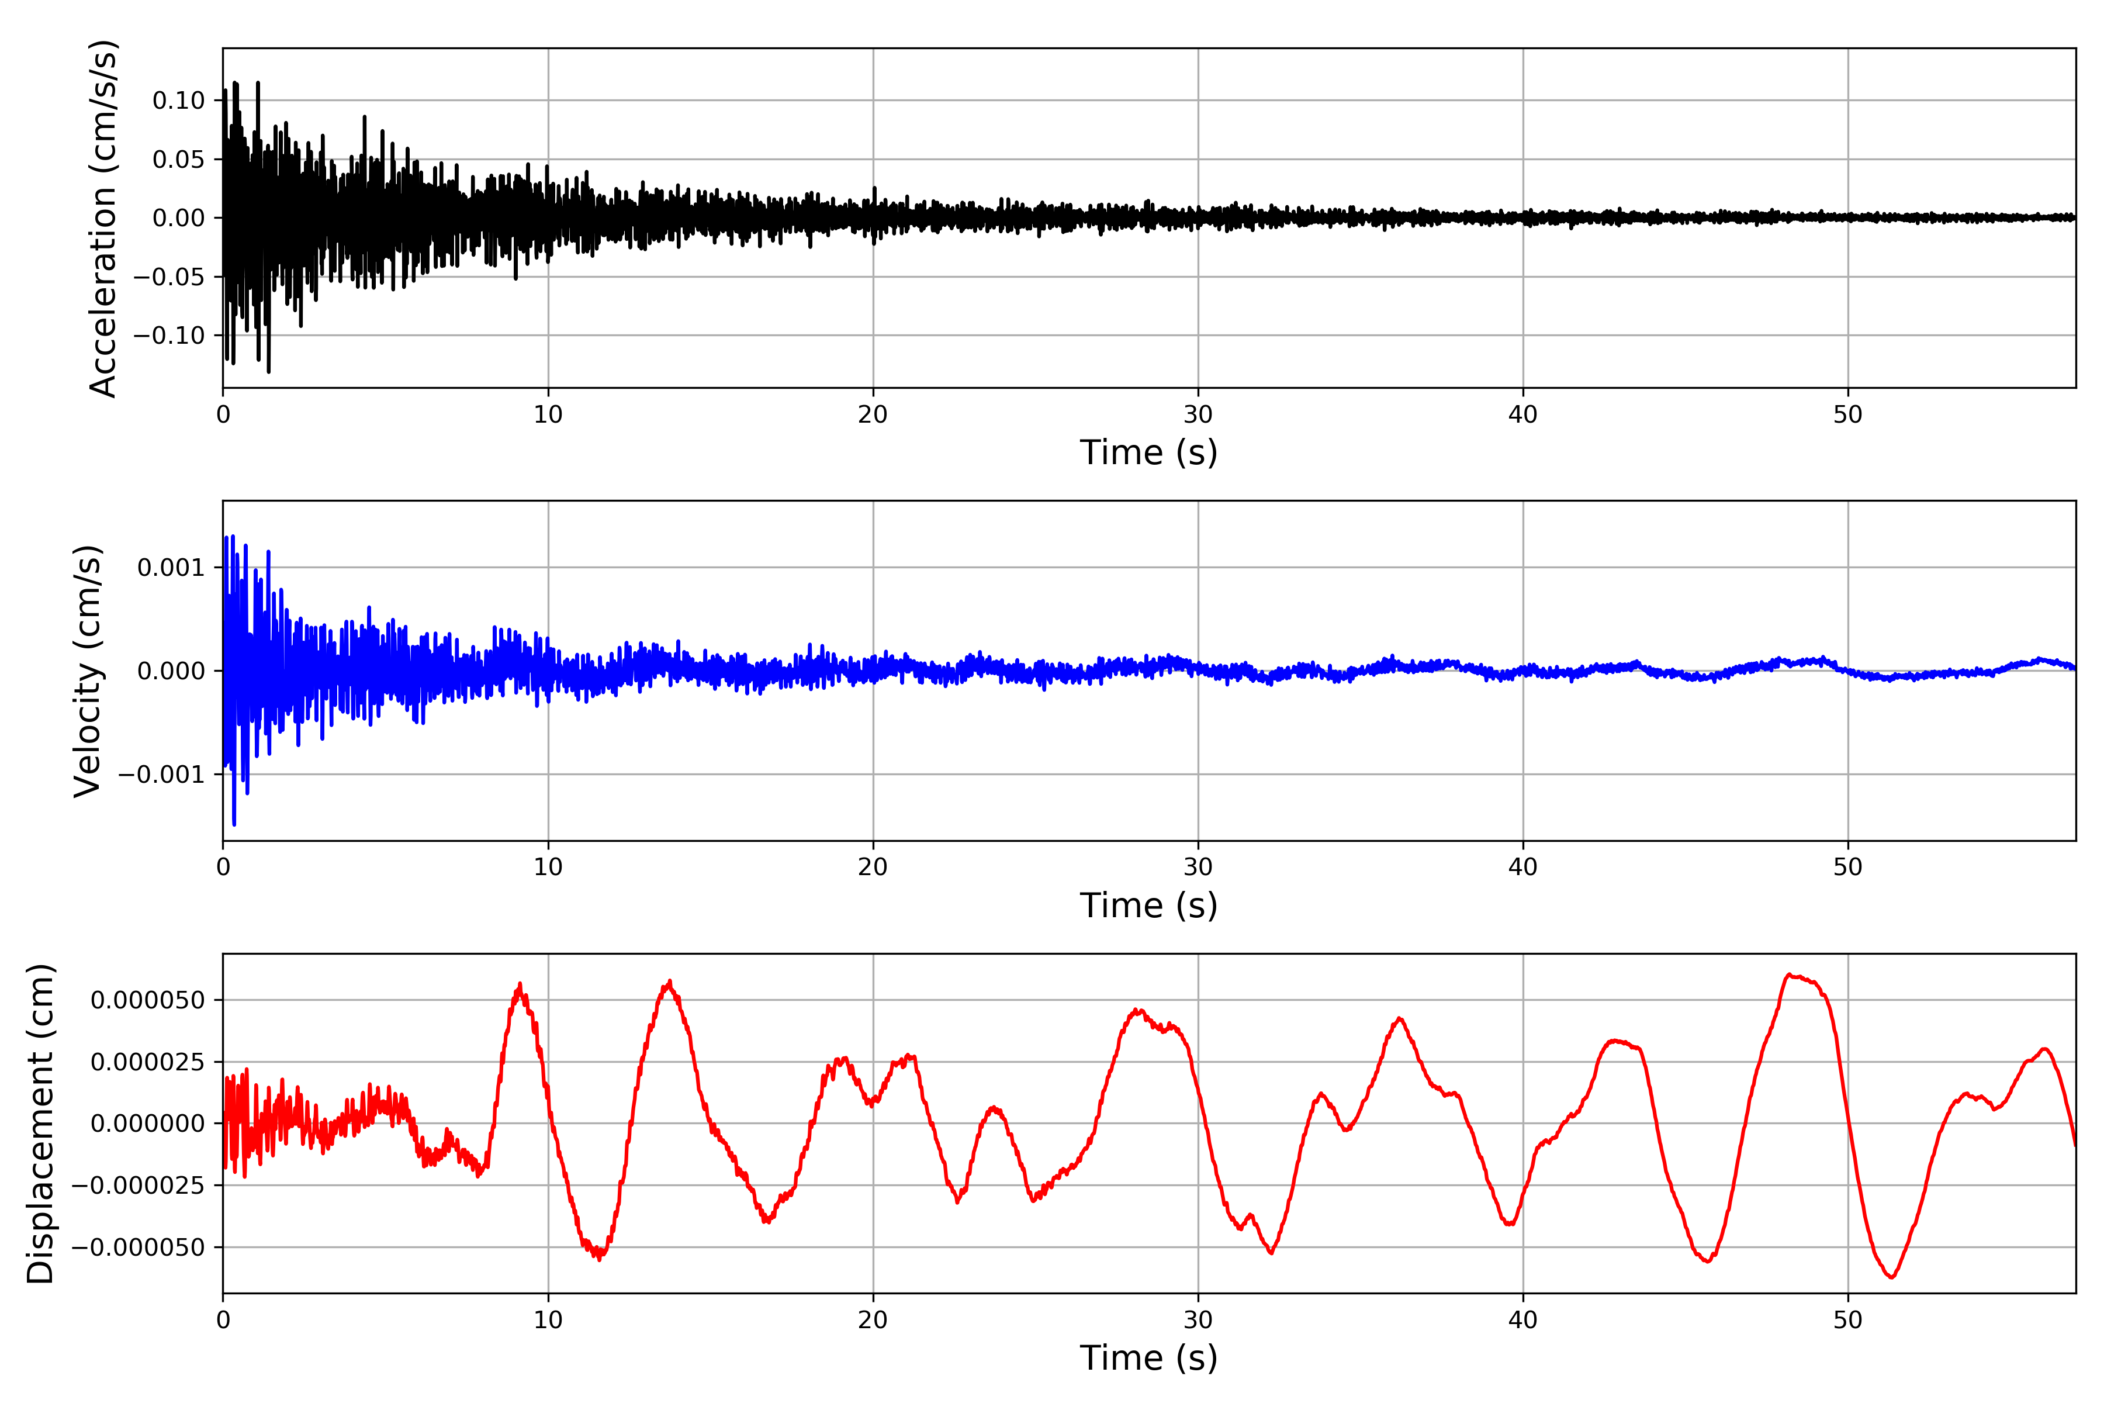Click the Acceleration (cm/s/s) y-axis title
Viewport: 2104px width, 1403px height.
tap(103, 218)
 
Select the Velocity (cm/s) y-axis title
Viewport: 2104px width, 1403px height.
tap(88, 671)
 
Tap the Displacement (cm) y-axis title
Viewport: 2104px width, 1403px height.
tap(40, 1124)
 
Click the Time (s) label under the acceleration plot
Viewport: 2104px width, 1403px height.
tap(1148, 452)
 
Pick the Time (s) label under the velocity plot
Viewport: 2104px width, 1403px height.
tap(1148, 906)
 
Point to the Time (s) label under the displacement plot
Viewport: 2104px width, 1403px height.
tap(1148, 1358)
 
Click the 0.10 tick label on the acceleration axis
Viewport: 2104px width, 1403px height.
tap(178, 100)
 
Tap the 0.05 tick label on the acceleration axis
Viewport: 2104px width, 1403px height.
tap(178, 159)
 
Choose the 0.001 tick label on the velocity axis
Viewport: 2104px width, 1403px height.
tap(171, 567)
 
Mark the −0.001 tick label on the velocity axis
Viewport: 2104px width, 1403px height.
tap(161, 775)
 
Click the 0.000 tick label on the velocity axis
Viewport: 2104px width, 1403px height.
tap(171, 671)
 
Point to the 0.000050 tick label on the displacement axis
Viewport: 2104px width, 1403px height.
tap(148, 1000)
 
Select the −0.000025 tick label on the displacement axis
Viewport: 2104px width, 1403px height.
tap(138, 1186)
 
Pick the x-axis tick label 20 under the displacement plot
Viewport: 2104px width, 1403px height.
tap(873, 1320)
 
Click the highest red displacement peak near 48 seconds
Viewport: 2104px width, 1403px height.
tap(1789, 975)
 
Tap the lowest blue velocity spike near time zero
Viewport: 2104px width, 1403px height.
tap(234, 824)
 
